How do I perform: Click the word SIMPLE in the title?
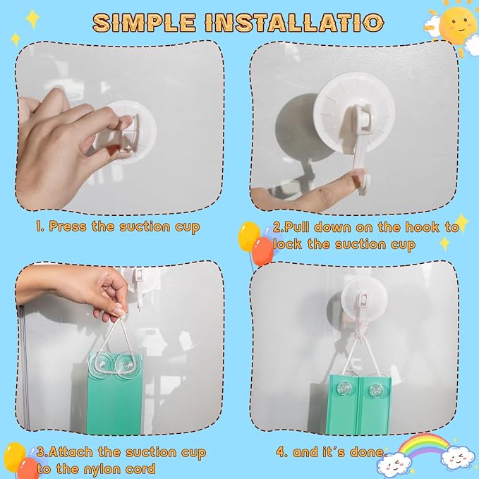point(144,23)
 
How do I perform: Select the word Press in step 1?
point(68,226)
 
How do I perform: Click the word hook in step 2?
point(422,227)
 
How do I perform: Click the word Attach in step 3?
point(71,451)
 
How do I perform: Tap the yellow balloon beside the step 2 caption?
point(249,236)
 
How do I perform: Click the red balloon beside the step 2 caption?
point(262,251)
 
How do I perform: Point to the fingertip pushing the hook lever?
point(356,178)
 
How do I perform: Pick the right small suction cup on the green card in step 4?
point(375,390)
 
